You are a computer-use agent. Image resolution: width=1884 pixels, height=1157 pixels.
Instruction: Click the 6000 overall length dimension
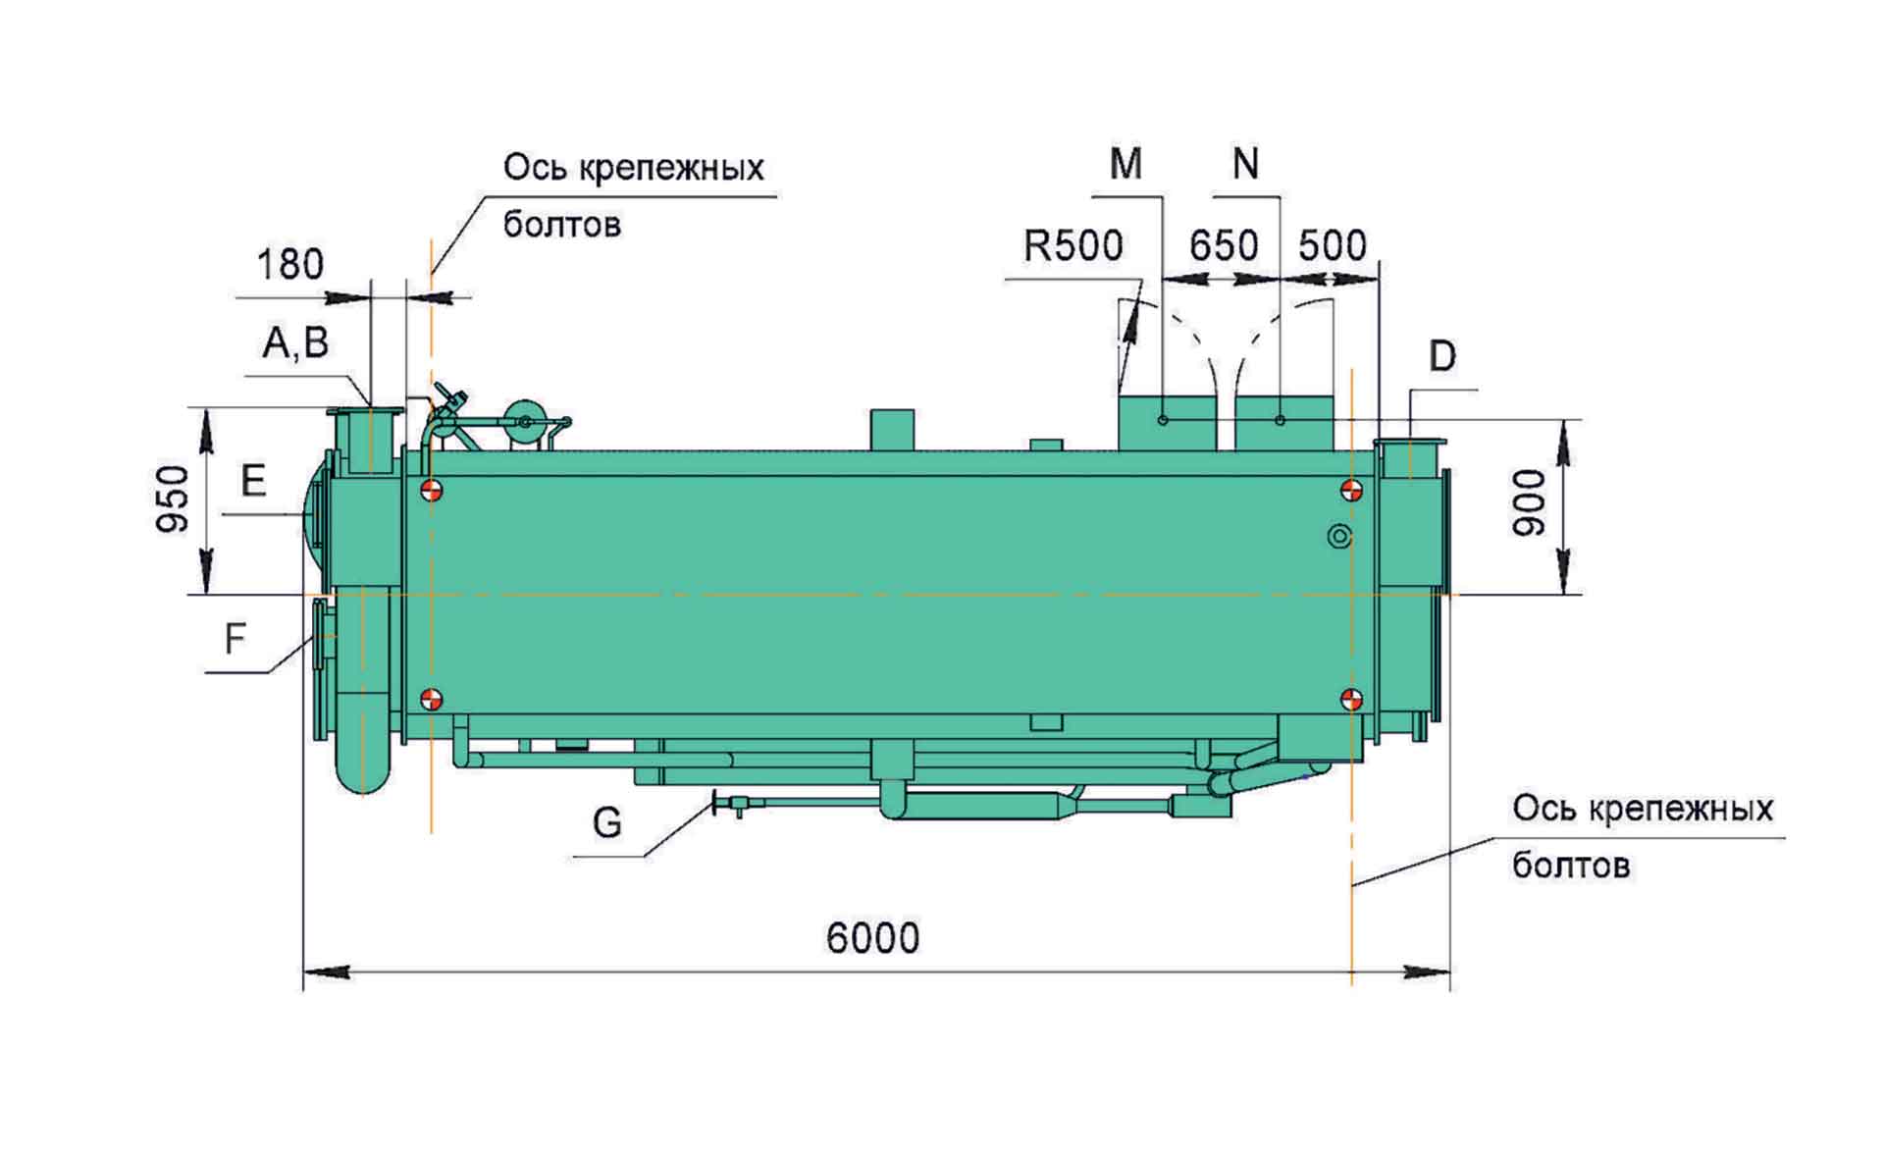point(872,938)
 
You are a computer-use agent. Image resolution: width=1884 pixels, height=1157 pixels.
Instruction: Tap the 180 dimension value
point(289,265)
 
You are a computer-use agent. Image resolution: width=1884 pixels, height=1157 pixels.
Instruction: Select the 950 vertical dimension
point(173,500)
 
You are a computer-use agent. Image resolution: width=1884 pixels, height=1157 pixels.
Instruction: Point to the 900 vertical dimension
point(1529,502)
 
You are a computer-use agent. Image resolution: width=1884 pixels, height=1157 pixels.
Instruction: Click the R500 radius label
point(1073,245)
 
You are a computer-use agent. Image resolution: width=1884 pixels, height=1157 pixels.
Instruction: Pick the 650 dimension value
point(1223,245)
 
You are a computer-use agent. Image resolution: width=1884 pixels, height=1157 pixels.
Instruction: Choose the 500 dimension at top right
point(1332,245)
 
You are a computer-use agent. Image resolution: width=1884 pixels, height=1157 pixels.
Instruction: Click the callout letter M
point(1125,164)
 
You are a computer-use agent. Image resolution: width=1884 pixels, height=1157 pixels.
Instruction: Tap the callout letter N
point(1245,164)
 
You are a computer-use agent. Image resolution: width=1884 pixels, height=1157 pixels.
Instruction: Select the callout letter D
point(1441,356)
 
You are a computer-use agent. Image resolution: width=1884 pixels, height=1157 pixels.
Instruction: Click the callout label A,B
point(294,343)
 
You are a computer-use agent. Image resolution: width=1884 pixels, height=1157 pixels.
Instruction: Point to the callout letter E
point(253,482)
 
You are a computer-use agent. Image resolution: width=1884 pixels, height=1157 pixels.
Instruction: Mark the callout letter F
point(235,640)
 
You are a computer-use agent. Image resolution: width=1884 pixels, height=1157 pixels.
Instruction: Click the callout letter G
point(607,822)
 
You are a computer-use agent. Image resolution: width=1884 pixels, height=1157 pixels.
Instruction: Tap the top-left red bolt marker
point(431,489)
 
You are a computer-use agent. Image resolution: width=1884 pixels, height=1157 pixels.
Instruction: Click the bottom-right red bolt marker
point(1351,699)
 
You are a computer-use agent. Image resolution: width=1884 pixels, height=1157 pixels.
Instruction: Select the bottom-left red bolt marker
point(431,699)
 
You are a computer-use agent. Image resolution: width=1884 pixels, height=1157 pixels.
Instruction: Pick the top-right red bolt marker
point(1351,489)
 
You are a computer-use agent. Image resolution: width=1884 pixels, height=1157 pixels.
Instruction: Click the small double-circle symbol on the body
point(1338,536)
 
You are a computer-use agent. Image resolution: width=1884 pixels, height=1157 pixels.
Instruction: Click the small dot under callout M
point(1163,420)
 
